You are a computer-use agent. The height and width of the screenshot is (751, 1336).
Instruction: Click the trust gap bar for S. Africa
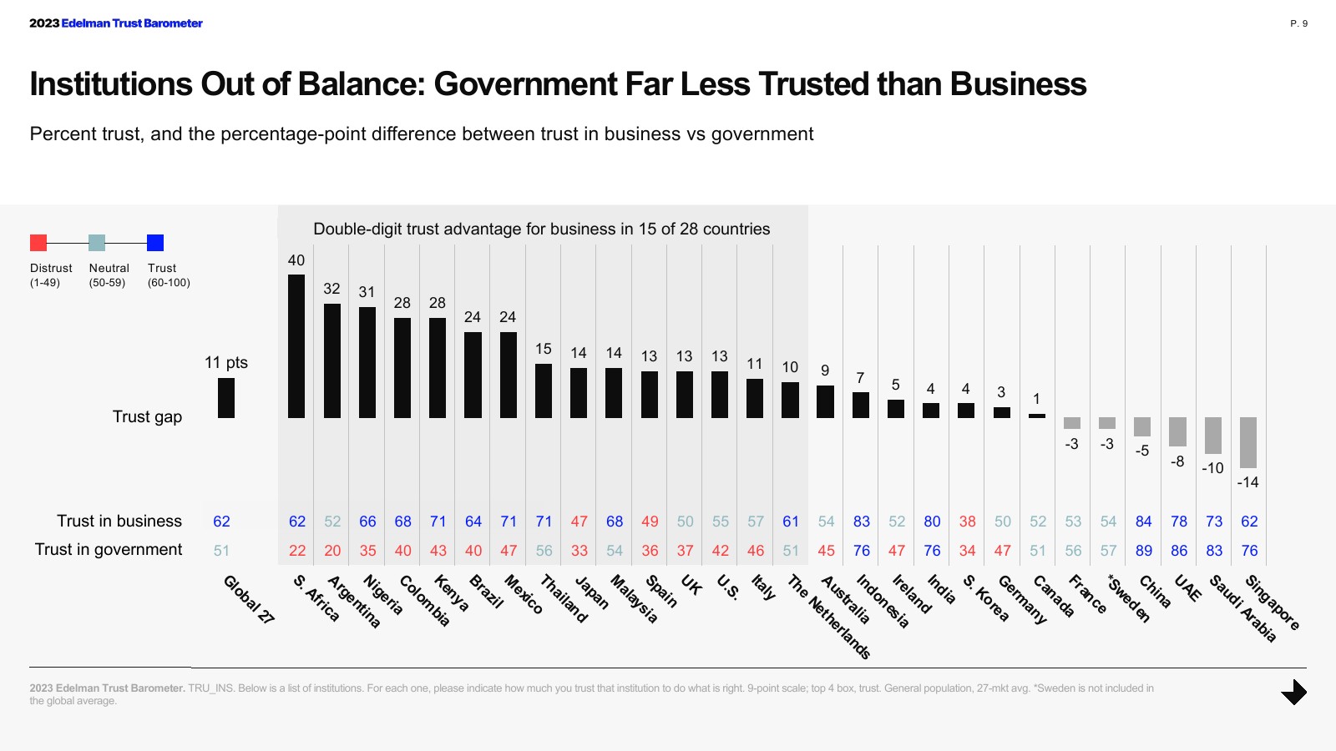coord(296,346)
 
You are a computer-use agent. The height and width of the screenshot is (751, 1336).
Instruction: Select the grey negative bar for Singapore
coord(1248,442)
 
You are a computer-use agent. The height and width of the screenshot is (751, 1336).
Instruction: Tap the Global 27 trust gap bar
coord(226,398)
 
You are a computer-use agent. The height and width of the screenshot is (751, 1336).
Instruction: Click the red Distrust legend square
coord(38,243)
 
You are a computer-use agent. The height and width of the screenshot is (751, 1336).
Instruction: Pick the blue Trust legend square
coord(155,243)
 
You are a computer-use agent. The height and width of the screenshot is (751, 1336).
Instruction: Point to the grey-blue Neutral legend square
coord(97,243)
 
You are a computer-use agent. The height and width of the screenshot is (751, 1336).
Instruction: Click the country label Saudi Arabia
coord(1242,608)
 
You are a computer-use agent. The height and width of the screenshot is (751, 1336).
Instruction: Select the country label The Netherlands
coord(829,617)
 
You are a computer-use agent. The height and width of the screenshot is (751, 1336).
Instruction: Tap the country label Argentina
coord(354,602)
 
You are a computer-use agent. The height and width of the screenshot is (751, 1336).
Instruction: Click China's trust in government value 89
coord(1144,551)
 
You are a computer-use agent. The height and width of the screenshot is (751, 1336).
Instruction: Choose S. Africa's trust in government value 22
coord(297,551)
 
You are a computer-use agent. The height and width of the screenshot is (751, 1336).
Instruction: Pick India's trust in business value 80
coord(932,522)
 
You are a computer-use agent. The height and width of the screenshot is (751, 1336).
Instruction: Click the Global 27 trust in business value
coord(221,522)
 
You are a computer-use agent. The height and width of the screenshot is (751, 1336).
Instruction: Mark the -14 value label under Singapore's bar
coord(1247,482)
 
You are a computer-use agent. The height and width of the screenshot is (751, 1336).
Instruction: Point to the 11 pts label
coord(226,363)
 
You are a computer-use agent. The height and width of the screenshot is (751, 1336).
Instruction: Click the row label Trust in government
coord(109,550)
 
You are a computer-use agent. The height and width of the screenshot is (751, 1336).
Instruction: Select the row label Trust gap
coord(147,417)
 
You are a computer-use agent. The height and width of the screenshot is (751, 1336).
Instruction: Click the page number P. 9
coord(1298,23)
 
